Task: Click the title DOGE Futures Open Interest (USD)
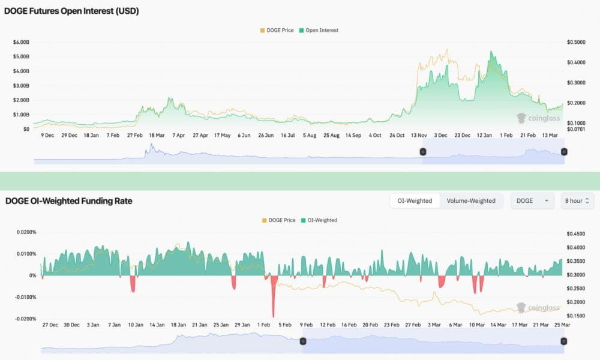coord(72,11)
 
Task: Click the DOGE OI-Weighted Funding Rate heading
coord(68,201)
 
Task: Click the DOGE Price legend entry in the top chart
coord(277,30)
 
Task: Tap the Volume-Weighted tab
coord(470,200)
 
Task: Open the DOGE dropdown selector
coord(532,200)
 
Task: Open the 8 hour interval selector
coord(577,200)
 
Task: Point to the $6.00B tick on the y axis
coord(21,42)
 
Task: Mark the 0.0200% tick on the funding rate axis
coord(25,232)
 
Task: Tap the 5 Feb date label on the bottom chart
coord(284,325)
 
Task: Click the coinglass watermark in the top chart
coord(538,118)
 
